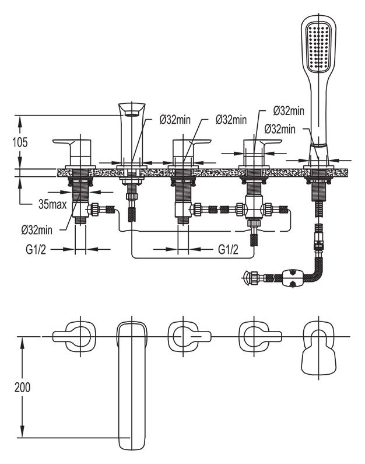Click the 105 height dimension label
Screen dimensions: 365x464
point(20,142)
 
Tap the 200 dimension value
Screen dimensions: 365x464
point(23,387)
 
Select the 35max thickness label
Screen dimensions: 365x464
point(52,204)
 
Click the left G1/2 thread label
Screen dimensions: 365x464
point(36,250)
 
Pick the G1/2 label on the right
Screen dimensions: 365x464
point(228,250)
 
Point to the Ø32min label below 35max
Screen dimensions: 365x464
point(37,230)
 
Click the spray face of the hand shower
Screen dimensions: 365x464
point(318,47)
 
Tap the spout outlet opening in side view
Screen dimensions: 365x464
point(132,113)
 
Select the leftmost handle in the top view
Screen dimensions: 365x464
point(74,336)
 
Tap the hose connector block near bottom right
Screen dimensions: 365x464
point(293,278)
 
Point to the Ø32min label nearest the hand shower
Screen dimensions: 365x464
point(280,129)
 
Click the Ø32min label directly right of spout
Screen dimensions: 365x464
point(176,120)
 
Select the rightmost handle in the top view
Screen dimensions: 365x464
point(260,336)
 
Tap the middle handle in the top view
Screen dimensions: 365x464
point(189,336)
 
